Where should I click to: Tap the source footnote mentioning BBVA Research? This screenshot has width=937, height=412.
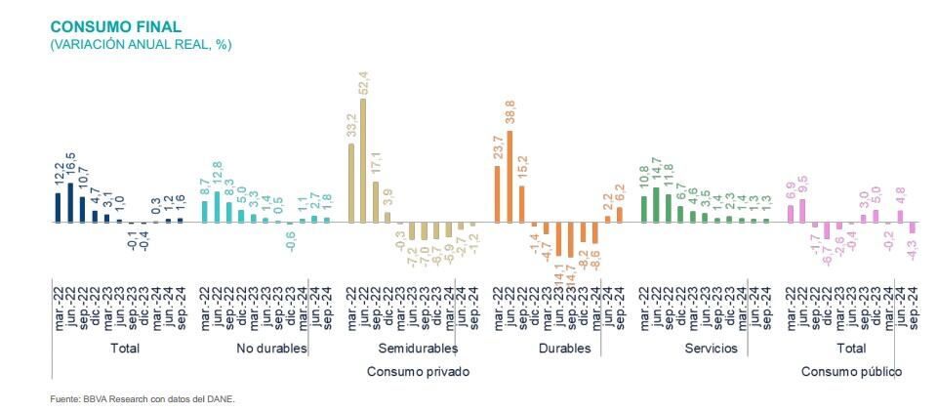(143, 398)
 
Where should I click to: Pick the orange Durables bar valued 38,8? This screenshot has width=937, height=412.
(509, 175)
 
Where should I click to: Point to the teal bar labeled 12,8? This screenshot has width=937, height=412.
(217, 207)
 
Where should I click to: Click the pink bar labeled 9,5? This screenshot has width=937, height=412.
(802, 211)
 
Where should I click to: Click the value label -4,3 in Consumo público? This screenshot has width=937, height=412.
(913, 252)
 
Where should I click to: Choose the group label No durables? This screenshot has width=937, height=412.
(272, 348)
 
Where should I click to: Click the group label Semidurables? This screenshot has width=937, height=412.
(417, 348)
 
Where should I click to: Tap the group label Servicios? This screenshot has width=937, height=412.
(712, 348)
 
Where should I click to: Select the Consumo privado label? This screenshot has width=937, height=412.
(418, 372)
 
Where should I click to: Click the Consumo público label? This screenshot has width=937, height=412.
(851, 372)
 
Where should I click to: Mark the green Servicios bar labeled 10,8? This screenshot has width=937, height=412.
(644, 209)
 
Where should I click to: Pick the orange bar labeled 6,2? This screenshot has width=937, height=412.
(619, 215)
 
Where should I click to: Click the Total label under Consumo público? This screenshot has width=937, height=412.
(851, 348)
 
